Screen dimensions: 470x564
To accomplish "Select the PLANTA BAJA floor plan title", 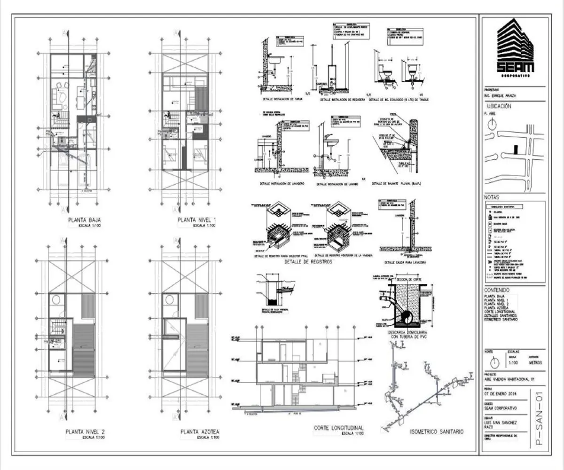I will [85, 220].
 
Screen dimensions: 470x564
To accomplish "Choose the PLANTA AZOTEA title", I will [199, 431].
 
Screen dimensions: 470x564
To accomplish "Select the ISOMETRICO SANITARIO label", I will [437, 431].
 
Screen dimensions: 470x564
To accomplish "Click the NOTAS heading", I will [491, 197].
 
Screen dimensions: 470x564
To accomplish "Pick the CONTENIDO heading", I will [496, 290].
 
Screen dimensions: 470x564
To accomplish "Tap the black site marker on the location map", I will [516, 150].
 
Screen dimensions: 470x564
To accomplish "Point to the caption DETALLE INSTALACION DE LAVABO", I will [337, 184].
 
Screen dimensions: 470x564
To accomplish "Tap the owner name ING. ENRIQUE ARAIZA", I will [500, 96].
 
